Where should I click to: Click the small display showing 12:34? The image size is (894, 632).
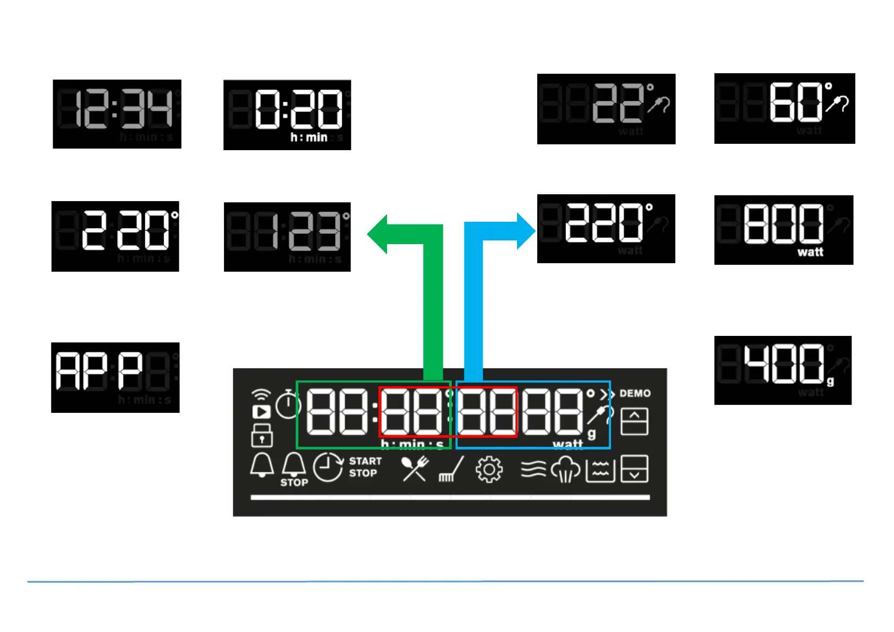[117, 114]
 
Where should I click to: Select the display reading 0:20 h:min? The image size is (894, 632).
[287, 115]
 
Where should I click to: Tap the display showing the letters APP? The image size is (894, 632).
[115, 377]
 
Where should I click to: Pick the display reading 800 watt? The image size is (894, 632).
[784, 230]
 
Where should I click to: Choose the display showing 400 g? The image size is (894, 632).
[783, 370]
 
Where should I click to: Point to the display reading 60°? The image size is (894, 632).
[784, 108]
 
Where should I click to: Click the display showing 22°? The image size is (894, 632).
[606, 109]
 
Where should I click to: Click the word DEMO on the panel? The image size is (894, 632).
[635, 394]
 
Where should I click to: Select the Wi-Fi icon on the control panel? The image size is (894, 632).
[261, 395]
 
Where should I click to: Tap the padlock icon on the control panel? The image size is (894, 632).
[262, 435]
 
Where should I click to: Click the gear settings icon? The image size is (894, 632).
[489, 470]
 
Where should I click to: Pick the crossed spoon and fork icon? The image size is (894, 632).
[415, 469]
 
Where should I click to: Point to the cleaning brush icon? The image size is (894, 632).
[451, 470]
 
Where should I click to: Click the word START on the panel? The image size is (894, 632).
[365, 461]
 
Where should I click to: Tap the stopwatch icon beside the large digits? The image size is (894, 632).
[288, 404]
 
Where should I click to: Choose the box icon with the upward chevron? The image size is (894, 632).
[634, 421]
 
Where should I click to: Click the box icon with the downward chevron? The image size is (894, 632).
[634, 469]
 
